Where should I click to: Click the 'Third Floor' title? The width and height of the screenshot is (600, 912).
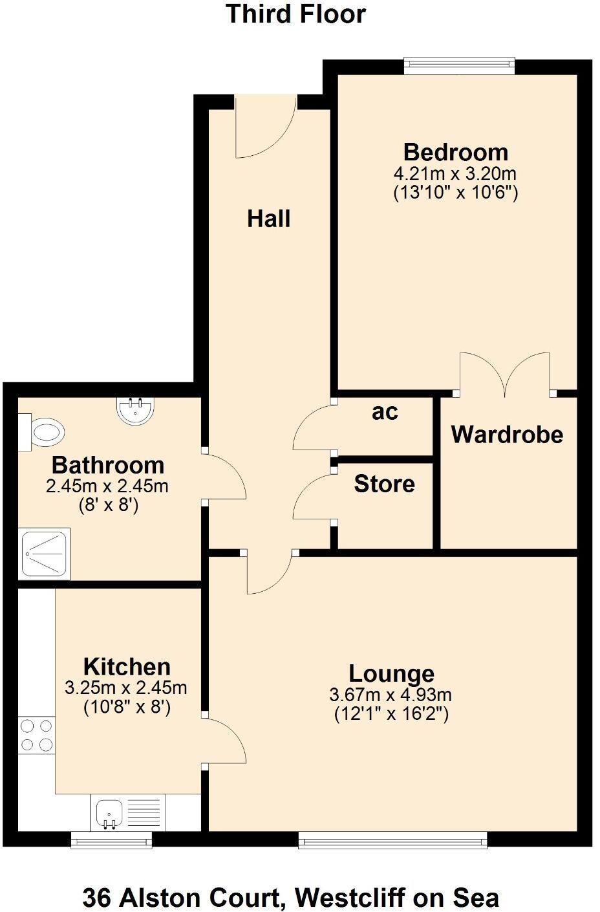click(x=295, y=14)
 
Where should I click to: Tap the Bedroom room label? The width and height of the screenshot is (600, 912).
click(x=455, y=152)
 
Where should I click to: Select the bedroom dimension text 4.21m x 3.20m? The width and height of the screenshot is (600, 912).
click(x=455, y=173)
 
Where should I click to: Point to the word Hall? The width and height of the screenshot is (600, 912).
click(x=268, y=219)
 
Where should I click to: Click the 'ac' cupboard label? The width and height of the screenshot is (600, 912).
click(x=385, y=412)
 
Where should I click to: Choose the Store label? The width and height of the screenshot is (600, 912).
click(x=384, y=484)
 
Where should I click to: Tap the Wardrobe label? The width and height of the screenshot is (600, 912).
click(x=507, y=434)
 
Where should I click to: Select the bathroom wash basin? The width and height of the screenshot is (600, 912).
click(x=136, y=409)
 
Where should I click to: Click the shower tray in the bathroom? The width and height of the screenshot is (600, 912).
click(x=45, y=554)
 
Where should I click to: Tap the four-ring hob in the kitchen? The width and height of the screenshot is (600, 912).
click(x=36, y=735)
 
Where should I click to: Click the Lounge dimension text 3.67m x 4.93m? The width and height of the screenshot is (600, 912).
click(x=391, y=695)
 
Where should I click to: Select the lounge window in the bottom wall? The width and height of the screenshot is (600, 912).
click(x=392, y=840)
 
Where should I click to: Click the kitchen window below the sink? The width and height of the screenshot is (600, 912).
click(x=111, y=841)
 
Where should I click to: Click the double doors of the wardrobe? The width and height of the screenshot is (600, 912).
click(x=504, y=375)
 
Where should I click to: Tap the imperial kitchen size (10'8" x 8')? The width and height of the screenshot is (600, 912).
click(x=127, y=707)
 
